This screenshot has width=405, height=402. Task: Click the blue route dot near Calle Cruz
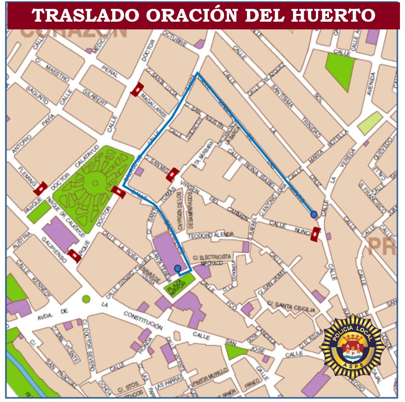coord(314,214)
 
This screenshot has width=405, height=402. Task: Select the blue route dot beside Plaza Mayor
coord(178,268)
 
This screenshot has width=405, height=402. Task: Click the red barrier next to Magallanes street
coord(137,89)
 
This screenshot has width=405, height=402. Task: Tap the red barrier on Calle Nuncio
coord(316,234)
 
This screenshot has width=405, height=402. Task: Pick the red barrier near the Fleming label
coord(40,188)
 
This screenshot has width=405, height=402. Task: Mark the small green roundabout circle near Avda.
coord(86,299)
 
